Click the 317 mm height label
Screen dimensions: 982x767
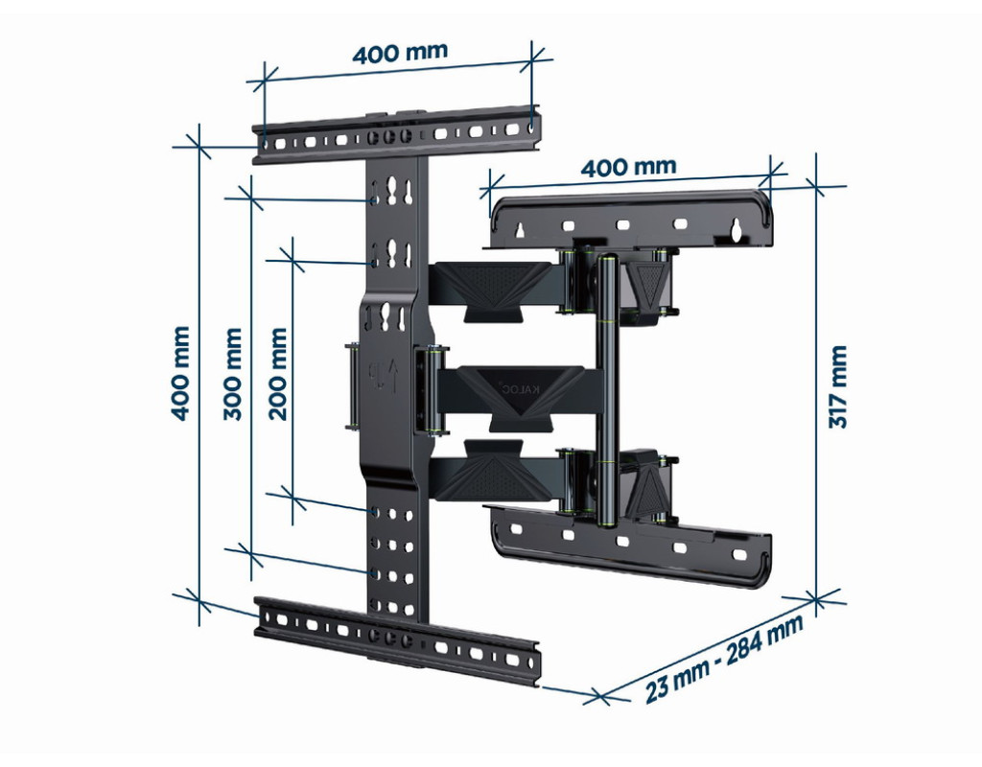click(x=838, y=387)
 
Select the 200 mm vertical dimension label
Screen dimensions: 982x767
click(x=277, y=374)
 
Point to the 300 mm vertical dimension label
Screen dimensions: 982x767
click(x=232, y=374)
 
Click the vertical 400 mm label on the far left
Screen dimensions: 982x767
click(x=179, y=373)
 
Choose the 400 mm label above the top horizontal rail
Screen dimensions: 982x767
click(x=400, y=54)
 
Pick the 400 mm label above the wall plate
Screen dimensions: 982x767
click(x=629, y=167)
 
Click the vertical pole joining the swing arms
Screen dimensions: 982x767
click(x=607, y=391)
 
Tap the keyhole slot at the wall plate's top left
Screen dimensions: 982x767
click(x=519, y=231)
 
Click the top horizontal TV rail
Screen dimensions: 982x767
click(x=396, y=137)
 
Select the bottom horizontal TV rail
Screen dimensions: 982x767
click(x=397, y=639)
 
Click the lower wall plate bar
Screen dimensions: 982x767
click(x=631, y=546)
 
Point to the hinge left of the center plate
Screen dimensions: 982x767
click(x=352, y=385)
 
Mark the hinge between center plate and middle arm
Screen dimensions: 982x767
click(x=431, y=389)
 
